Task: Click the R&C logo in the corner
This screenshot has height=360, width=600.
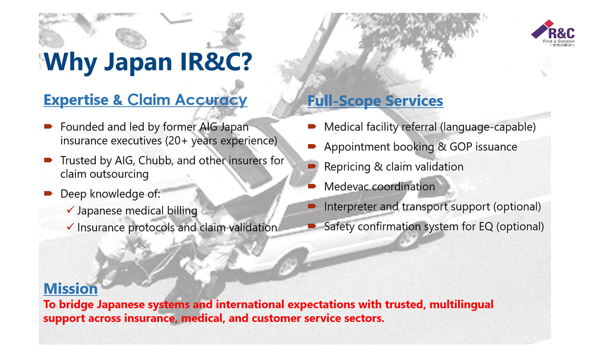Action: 553,33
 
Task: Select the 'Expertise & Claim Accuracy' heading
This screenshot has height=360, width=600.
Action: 145,100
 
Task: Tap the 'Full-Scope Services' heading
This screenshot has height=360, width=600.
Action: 375,101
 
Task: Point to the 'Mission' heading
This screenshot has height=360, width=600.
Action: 71,288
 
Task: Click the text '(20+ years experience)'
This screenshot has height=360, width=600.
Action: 221,141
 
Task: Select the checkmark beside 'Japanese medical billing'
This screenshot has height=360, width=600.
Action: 70,210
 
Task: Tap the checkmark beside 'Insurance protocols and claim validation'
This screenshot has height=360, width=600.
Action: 70,227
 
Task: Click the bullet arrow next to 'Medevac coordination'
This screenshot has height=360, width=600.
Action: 312,186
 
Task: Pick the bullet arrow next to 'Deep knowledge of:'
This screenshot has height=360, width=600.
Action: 48,193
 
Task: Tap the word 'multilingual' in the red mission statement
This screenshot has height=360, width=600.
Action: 461,305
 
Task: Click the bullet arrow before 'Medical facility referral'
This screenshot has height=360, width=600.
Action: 312,126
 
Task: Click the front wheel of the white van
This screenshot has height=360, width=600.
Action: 288,265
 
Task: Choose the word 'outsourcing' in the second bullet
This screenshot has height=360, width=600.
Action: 119,174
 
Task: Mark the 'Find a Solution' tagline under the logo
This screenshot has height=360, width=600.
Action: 559,41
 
